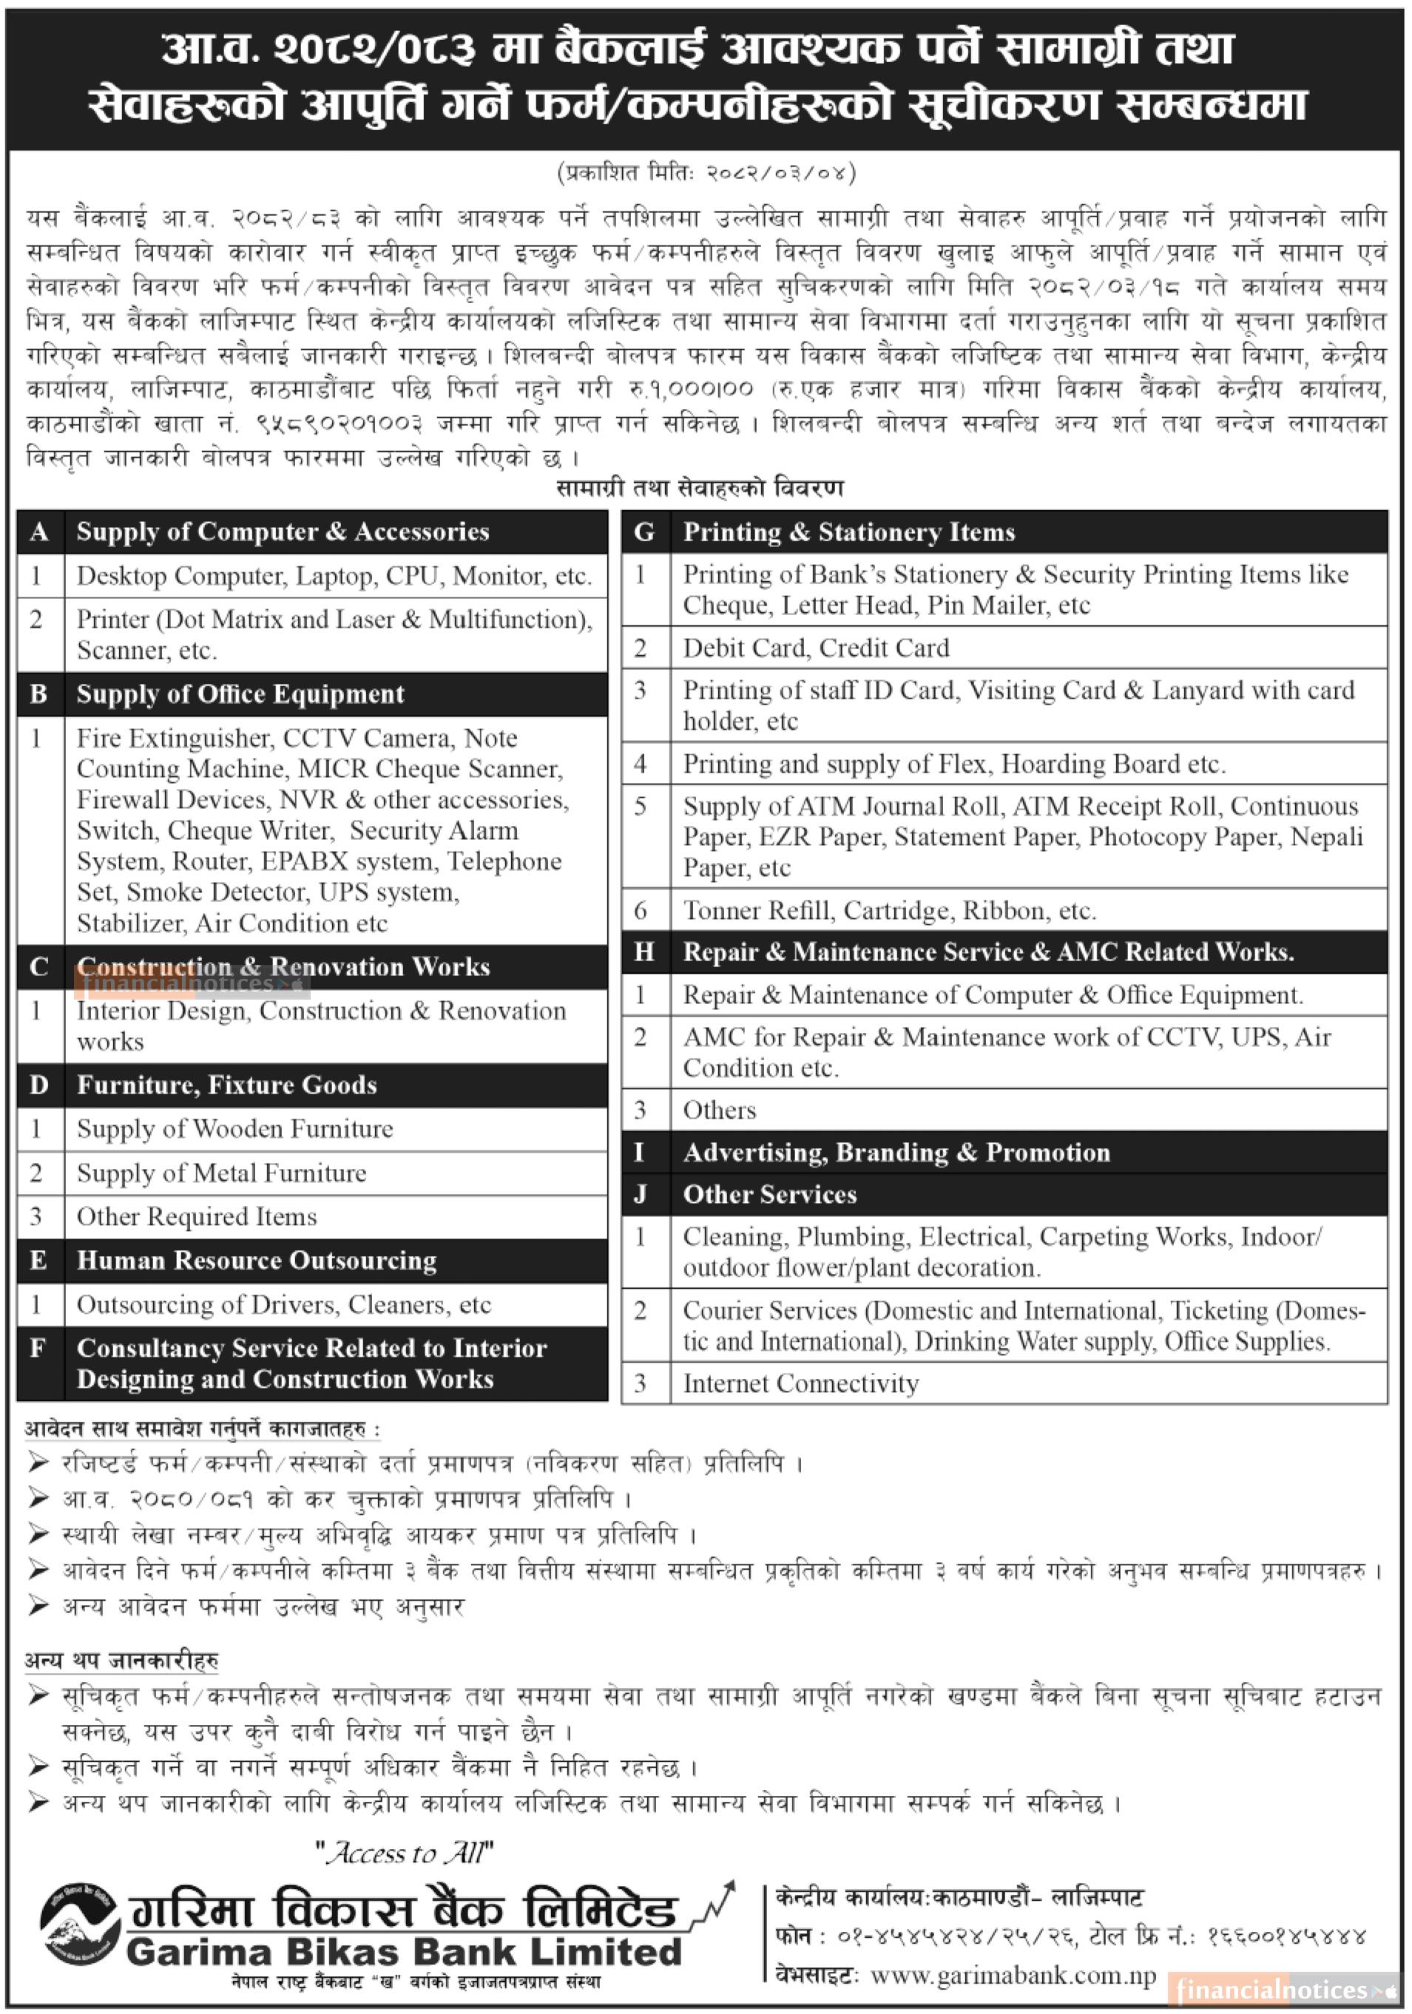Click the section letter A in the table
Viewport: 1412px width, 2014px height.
click(x=38, y=532)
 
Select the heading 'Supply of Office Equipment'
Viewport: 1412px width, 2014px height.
click(x=240, y=694)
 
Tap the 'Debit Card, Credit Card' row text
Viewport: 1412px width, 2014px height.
click(x=815, y=648)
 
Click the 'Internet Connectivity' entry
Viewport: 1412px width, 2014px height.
click(x=800, y=1383)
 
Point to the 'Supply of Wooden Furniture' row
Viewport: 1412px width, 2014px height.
click(x=234, y=1129)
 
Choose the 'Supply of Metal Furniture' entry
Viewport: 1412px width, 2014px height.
click(x=221, y=1173)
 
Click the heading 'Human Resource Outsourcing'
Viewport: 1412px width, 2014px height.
click(x=256, y=1261)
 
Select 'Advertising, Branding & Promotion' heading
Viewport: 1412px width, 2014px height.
click(x=896, y=1152)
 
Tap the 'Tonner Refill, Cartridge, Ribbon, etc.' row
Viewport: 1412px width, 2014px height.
click(x=889, y=910)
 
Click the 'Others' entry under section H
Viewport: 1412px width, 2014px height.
click(x=719, y=1110)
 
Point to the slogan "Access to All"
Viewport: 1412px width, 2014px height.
click(x=405, y=1853)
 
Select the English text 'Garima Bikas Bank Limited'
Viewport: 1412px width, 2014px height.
click(x=404, y=1952)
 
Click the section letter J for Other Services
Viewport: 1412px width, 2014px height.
click(x=641, y=1194)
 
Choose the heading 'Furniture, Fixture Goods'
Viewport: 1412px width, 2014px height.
click(x=226, y=1085)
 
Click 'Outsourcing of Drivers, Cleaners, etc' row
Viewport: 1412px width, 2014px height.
click(x=283, y=1304)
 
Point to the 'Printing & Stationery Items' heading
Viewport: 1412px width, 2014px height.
click(x=848, y=532)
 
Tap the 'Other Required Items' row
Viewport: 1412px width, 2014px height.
click(x=197, y=1217)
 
